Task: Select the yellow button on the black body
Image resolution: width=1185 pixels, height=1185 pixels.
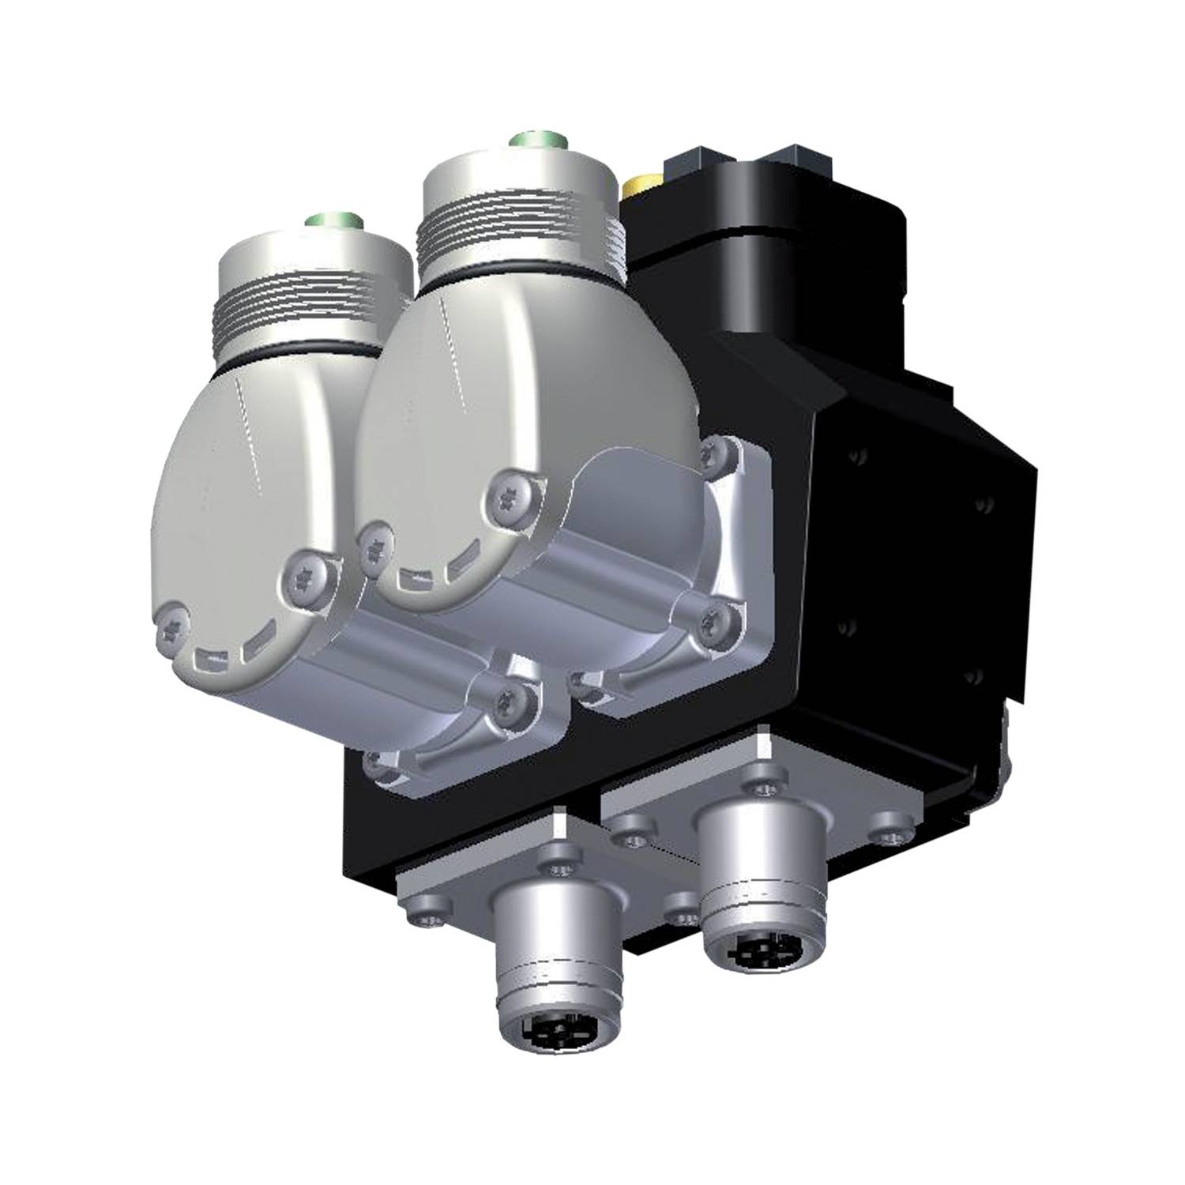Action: tap(636, 188)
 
